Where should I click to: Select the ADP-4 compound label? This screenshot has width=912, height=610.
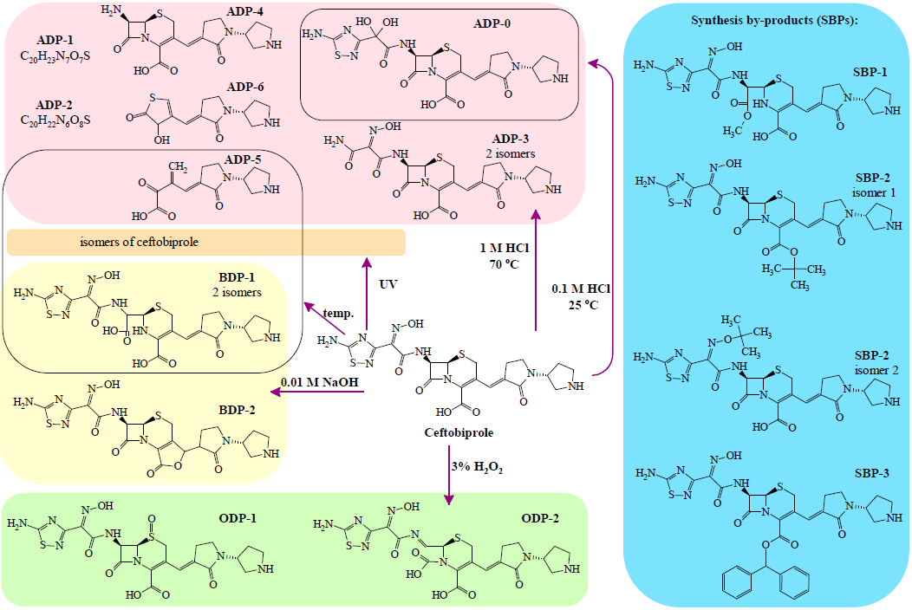pos(244,11)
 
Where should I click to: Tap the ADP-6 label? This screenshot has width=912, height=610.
pos(245,88)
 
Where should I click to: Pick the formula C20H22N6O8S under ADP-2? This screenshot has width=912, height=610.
pos(54,119)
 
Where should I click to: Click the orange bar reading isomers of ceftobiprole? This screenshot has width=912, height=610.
pos(206,242)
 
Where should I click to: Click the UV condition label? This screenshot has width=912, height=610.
pos(389,282)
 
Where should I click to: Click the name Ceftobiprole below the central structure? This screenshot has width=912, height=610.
pos(451,432)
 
